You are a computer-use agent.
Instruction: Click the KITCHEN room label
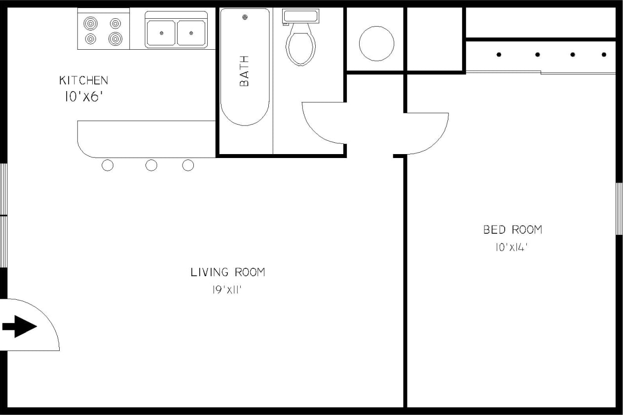coord(83,80)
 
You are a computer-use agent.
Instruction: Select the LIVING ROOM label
coord(228,272)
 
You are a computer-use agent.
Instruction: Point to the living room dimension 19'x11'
coord(226,290)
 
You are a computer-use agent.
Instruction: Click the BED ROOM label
coord(513,229)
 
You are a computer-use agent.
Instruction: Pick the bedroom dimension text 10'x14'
coord(512,248)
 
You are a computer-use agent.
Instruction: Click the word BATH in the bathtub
coord(244,71)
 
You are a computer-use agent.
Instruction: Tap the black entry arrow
coord(20,326)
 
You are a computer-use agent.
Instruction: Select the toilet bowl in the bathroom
coord(300,47)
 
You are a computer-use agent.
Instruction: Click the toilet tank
coord(300,15)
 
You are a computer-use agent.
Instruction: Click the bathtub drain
coord(245,18)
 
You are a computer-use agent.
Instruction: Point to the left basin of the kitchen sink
coord(161,33)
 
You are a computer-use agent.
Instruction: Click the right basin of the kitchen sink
coord(191,33)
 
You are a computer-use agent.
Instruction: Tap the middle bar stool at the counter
coord(151,165)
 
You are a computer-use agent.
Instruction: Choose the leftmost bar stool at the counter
coord(108,165)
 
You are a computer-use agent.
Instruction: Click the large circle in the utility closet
coord(376,43)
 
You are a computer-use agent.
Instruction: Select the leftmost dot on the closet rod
coord(499,55)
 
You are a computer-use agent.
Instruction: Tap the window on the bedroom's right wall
coord(619,208)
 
